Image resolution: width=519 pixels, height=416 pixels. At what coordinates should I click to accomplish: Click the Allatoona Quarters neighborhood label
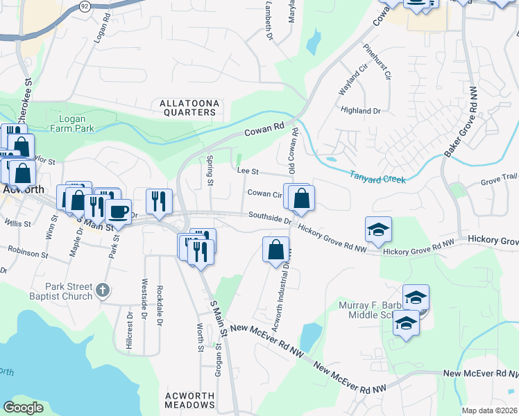tap(189, 107)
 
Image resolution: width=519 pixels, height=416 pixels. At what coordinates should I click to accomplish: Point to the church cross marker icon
tap(103, 290)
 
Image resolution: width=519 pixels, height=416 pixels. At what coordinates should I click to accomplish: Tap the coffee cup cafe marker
tap(118, 209)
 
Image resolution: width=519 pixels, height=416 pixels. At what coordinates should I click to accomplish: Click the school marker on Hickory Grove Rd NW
tap(378, 229)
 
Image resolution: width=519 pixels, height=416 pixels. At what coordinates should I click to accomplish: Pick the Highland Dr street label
tap(361, 110)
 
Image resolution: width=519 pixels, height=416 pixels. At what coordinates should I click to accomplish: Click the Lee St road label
tap(247, 171)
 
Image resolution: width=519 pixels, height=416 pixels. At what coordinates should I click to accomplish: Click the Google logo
tap(23, 408)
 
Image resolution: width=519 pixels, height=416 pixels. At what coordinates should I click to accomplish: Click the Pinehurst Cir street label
tap(384, 62)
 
